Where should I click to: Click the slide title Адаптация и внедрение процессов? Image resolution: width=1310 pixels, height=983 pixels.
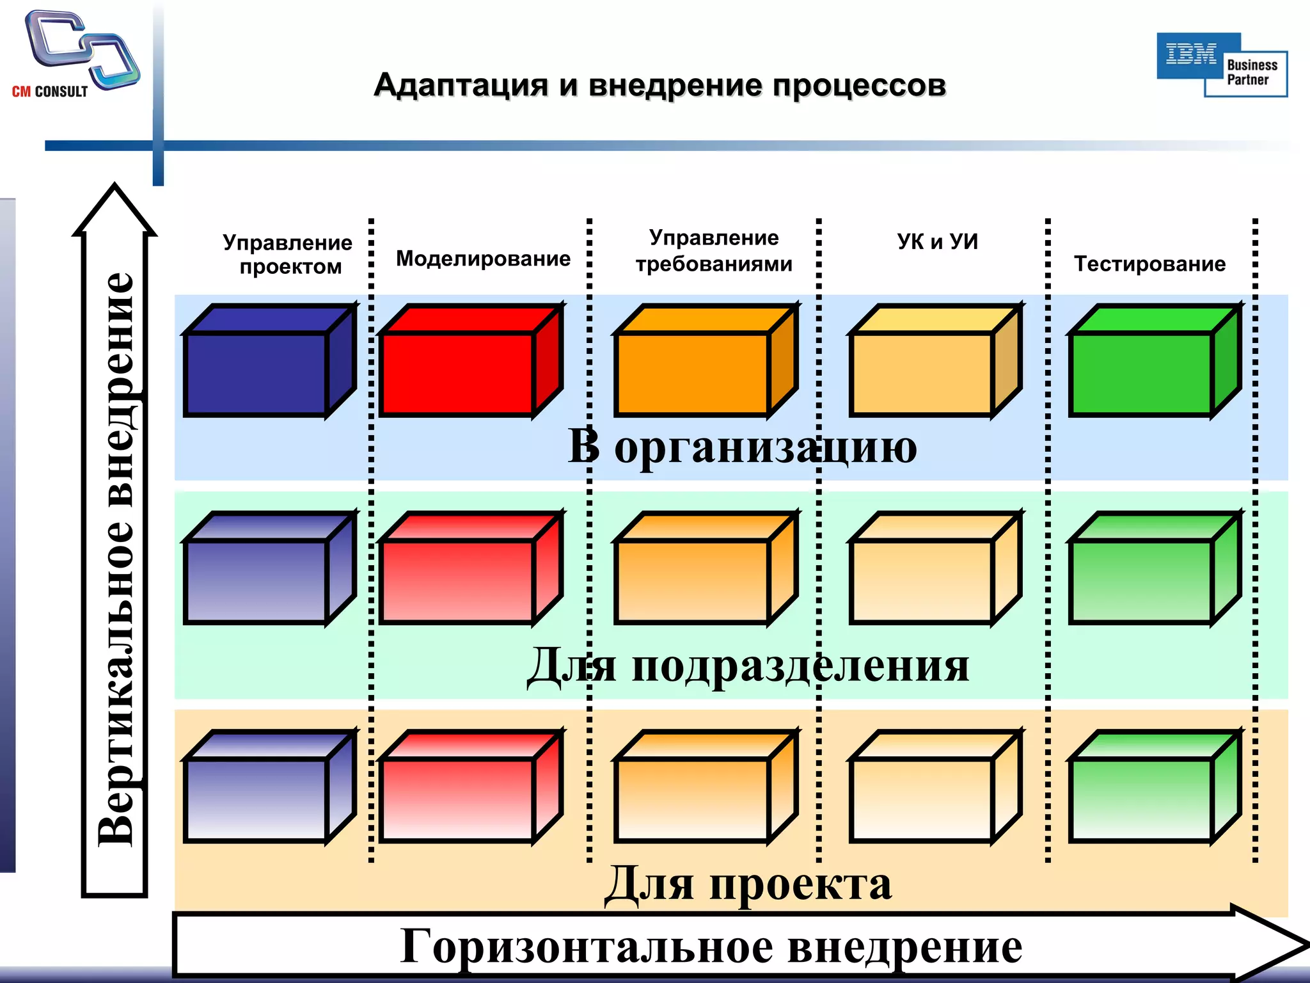coord(659,85)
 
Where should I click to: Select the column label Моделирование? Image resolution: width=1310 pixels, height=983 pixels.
coord(483,259)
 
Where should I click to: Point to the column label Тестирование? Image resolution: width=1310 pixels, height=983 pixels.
coord(1149,264)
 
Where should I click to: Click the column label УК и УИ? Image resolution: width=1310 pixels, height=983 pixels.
coord(937,241)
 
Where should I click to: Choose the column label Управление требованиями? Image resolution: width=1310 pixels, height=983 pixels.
coord(714,251)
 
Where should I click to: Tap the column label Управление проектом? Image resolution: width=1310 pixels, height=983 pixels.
coord(288,254)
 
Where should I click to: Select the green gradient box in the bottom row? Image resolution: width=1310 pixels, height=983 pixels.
coord(1141,799)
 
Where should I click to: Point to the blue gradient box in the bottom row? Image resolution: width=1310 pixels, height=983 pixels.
coord(256,799)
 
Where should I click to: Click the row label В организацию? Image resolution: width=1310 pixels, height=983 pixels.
coord(742,446)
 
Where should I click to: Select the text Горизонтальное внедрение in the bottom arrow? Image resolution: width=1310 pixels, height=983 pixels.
coord(710,947)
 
